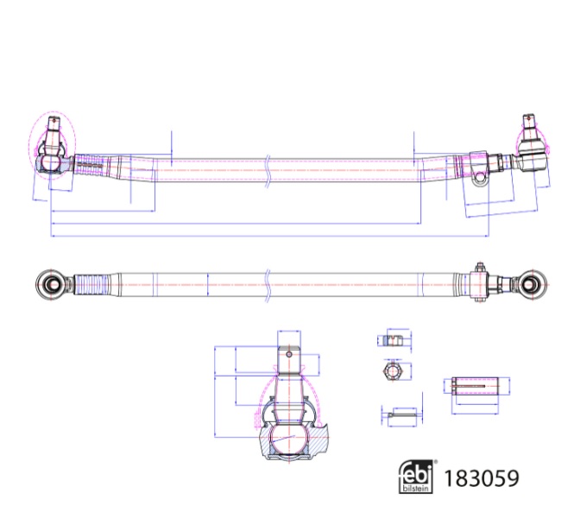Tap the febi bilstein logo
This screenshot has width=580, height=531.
click(x=417, y=476)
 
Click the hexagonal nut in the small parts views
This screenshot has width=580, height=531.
click(x=394, y=372)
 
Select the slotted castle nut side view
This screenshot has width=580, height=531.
click(x=394, y=340)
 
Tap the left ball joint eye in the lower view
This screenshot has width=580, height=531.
click(x=52, y=282)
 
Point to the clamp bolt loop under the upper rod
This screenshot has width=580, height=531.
click(x=481, y=178)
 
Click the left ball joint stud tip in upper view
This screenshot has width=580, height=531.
click(x=54, y=123)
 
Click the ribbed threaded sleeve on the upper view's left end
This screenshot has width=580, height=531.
click(x=88, y=163)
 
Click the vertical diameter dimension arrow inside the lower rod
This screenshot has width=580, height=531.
click(x=209, y=282)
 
